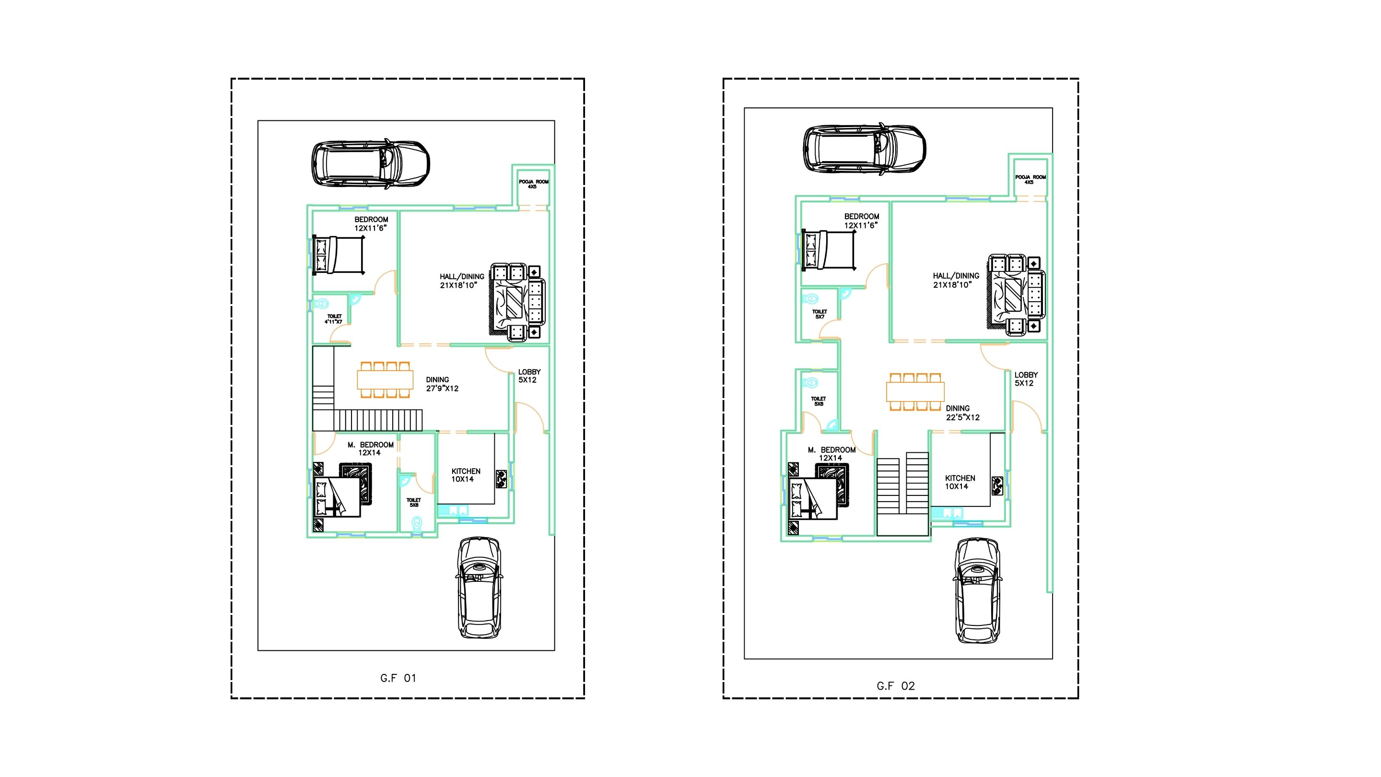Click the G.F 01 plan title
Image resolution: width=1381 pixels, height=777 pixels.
pos(398,678)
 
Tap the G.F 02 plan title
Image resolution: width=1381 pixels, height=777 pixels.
pos(896,686)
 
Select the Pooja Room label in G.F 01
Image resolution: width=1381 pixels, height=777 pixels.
pos(533,184)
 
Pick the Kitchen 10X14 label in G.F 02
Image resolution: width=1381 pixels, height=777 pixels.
pos(960,482)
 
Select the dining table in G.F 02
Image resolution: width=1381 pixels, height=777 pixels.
pos(915,392)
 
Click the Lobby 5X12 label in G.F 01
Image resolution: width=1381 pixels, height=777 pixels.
pos(529,376)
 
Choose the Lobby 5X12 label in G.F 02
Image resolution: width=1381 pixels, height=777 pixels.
pos(1026,379)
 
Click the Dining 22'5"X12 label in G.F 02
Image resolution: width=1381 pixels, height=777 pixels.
pos(962,413)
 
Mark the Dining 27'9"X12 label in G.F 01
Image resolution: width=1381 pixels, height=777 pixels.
pos(442,384)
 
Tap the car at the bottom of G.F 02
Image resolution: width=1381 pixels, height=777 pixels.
pos(977,591)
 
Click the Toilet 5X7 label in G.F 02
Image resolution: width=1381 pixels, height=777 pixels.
pos(819,314)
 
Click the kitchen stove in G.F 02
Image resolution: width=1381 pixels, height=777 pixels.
pos(998,485)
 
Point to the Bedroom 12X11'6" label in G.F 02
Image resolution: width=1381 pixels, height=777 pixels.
pos(861,221)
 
